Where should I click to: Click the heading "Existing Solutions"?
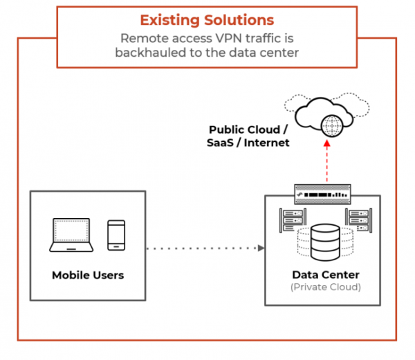pos(207,19)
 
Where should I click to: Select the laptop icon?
pos(73,235)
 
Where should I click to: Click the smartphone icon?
pos(116,235)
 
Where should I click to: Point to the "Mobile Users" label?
pos(88,275)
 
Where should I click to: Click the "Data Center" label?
pos(325,275)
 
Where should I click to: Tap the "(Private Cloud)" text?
pos(325,287)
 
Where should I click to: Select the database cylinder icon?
pos(325,240)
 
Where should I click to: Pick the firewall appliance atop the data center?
pos(325,192)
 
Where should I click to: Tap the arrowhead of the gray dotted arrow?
pos(261,248)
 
